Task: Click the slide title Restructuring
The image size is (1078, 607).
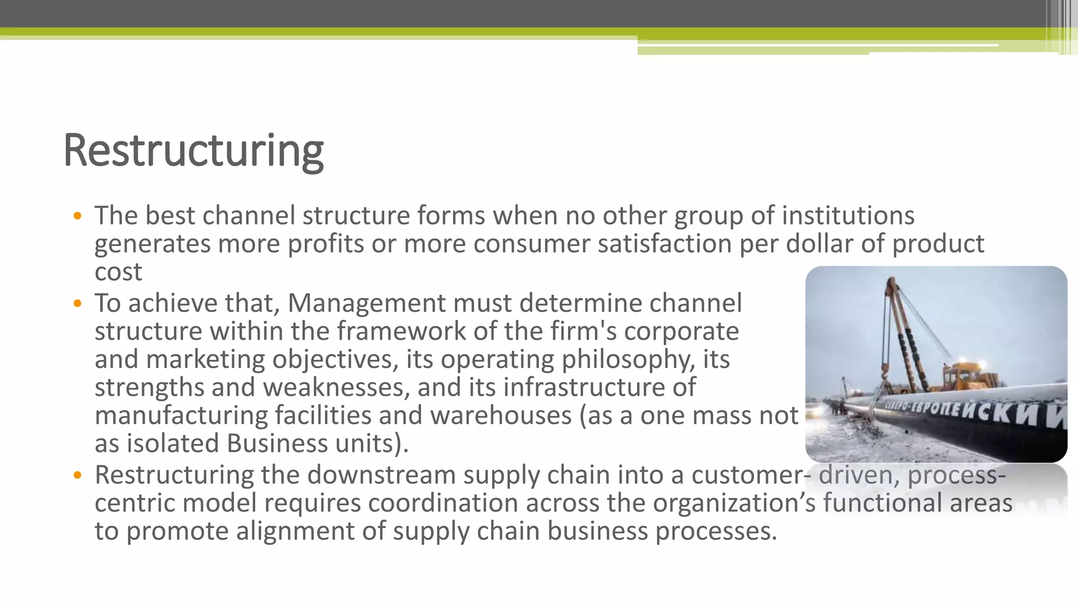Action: (x=193, y=151)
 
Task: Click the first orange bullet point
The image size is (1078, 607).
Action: (x=78, y=216)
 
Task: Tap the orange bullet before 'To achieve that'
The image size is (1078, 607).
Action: (x=78, y=303)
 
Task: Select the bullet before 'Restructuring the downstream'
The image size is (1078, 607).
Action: (x=78, y=475)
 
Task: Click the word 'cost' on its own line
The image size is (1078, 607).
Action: (x=118, y=272)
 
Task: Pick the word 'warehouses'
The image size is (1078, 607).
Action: (x=501, y=415)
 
